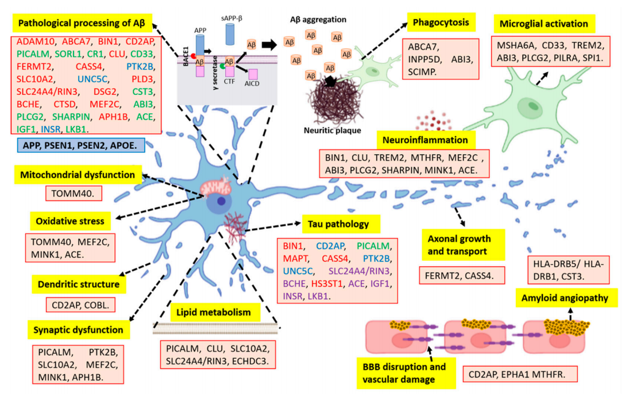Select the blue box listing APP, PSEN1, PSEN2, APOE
tap(80, 146)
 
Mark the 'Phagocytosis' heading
tap(437, 23)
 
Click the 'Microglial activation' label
tap(543, 24)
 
